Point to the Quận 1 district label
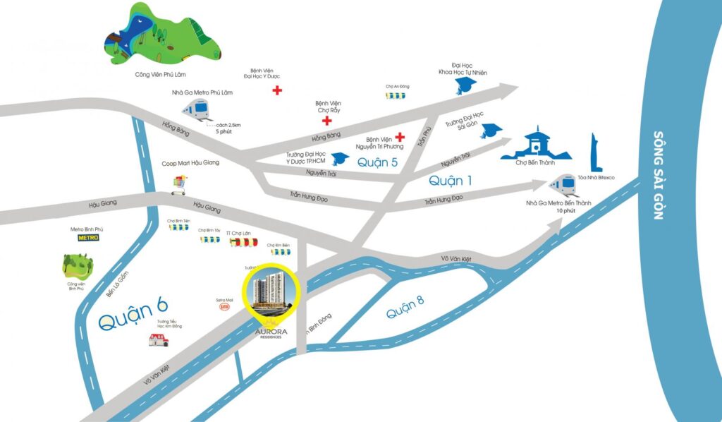(451, 180)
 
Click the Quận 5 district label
(378, 162)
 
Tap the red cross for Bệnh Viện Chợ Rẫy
(326, 121)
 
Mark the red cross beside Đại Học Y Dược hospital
(277, 90)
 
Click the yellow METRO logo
(87, 239)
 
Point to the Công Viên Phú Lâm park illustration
(164, 35)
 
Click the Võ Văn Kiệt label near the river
(455, 260)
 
